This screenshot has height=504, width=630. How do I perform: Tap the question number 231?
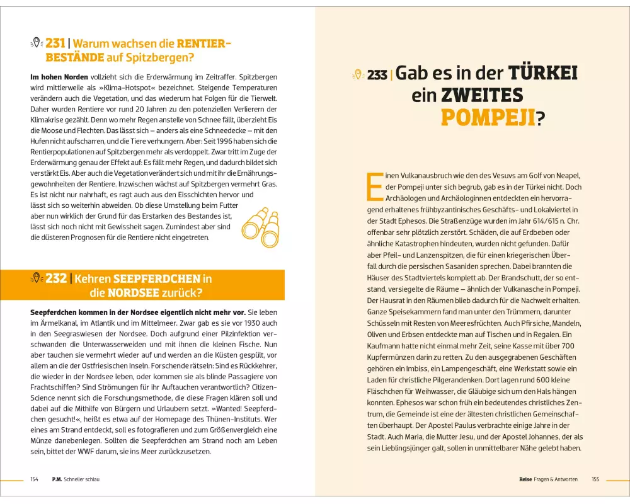point(55,43)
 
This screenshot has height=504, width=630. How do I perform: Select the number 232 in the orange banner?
point(55,278)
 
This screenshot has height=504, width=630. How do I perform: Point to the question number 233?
point(377,75)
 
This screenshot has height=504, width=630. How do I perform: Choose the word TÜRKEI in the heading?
point(543,73)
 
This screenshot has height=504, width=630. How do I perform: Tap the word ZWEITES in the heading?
point(482,95)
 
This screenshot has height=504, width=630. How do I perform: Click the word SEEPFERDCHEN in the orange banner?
point(157,278)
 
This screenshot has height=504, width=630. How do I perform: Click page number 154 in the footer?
point(35,479)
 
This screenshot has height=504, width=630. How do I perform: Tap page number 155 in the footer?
point(595,479)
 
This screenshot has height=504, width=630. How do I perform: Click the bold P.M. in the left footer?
point(56,479)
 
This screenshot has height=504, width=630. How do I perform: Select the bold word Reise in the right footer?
point(527,479)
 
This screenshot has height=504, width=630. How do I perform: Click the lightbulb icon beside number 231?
point(37,43)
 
